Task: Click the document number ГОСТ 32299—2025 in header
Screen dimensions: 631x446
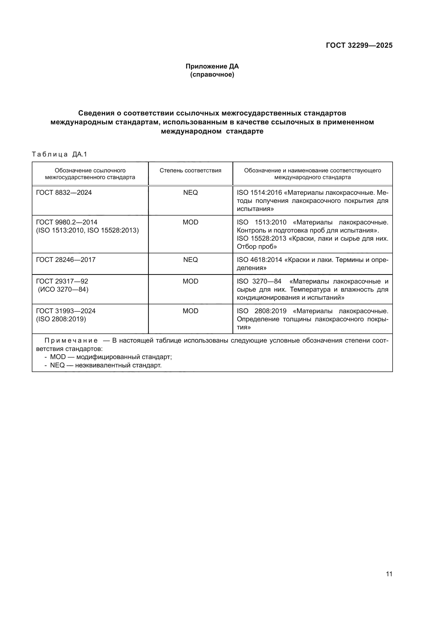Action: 359,45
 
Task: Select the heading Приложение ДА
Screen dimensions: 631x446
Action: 212,66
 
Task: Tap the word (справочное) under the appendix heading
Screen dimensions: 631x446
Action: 212,74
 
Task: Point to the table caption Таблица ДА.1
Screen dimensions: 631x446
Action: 59,154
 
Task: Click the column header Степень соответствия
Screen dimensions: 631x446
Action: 190,170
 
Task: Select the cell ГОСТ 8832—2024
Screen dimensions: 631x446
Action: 64,193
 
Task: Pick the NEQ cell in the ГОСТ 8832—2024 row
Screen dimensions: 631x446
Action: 190,193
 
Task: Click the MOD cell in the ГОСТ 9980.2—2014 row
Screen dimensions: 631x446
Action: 190,222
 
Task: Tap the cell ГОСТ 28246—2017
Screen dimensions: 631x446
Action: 66,260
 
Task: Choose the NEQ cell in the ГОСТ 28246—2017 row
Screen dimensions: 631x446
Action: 190,260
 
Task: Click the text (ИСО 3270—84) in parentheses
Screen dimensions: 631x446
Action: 63,289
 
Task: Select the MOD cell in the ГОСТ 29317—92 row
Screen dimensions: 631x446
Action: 190,281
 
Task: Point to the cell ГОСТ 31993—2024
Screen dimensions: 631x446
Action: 66,311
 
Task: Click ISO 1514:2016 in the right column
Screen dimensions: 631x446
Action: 259,193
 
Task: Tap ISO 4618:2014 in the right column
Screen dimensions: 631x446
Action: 259,260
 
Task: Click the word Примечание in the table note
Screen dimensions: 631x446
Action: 71,341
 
